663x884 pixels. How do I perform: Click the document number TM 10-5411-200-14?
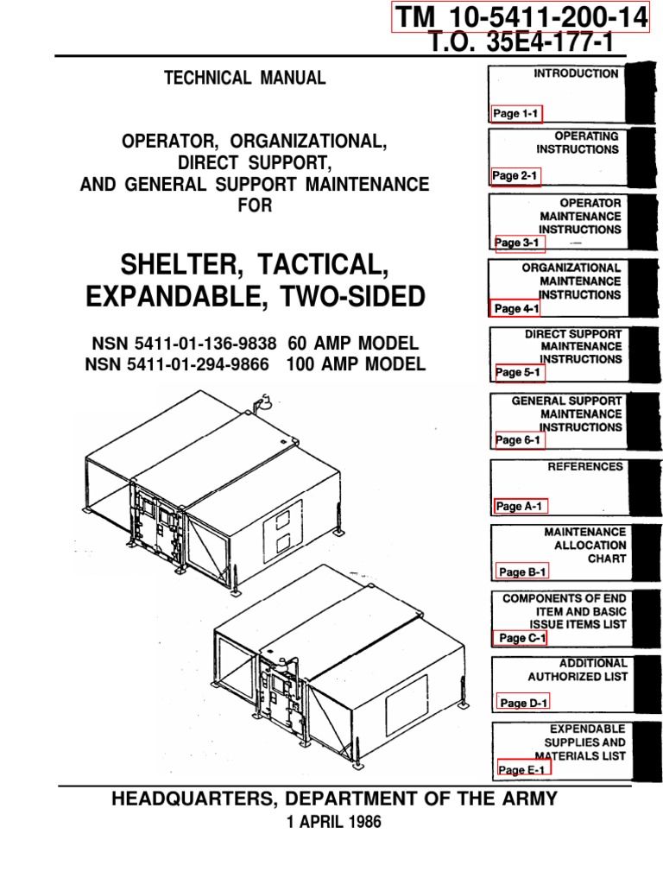pyautogui.click(x=521, y=17)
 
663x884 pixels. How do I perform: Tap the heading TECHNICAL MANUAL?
pyautogui.click(x=245, y=78)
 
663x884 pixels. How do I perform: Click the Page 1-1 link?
pyautogui.click(x=516, y=113)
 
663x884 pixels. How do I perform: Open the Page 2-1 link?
pyautogui.click(x=515, y=176)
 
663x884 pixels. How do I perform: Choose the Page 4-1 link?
pyautogui.click(x=516, y=308)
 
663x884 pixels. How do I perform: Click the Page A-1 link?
pyautogui.click(x=521, y=507)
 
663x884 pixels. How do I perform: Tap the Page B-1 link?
pyautogui.click(x=522, y=571)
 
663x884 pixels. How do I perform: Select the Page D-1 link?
pyautogui.click(x=524, y=704)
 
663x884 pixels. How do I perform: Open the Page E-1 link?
pyautogui.click(x=523, y=769)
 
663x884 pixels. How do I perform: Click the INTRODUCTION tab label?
pyautogui.click(x=576, y=74)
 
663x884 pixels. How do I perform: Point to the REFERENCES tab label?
pyautogui.click(x=585, y=467)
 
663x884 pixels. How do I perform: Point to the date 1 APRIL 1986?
pyautogui.click(x=332, y=823)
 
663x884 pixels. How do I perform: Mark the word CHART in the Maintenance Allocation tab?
pyautogui.click(x=607, y=559)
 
